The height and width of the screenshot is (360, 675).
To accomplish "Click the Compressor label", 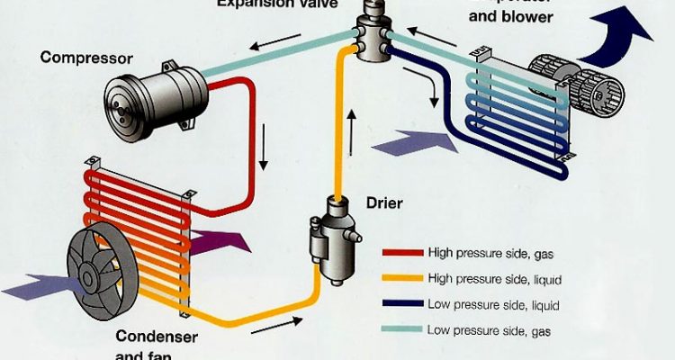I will pyautogui.click(x=85, y=58).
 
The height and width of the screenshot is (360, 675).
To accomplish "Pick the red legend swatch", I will pyautogui.click(x=401, y=253).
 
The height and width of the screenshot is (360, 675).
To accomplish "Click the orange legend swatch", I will pyautogui.click(x=401, y=279).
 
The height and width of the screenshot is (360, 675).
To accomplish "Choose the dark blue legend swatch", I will pyautogui.click(x=401, y=305).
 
